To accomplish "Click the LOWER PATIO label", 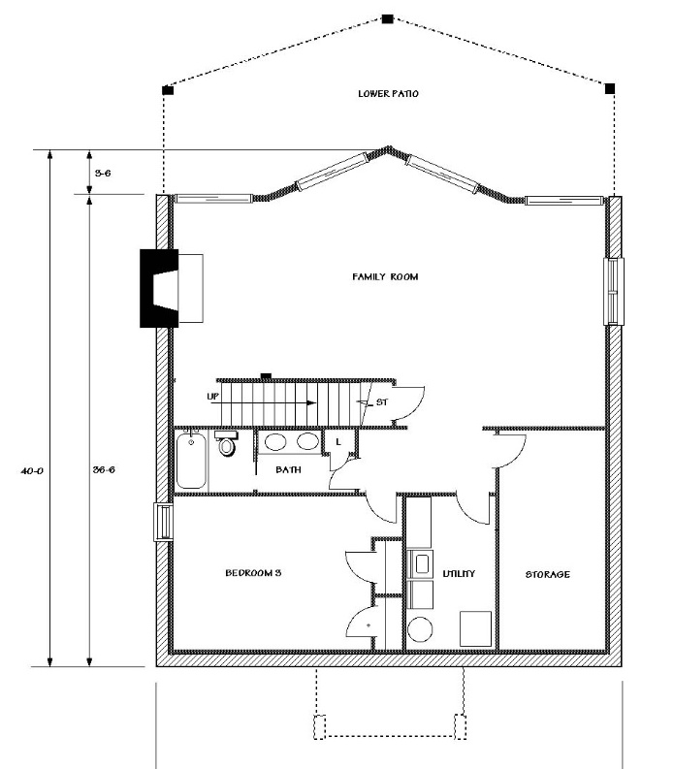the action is [388, 94].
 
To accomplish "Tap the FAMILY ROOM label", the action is [385, 276].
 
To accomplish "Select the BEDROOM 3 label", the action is [253, 572].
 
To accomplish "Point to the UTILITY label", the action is [459, 573].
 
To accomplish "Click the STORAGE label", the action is [547, 574].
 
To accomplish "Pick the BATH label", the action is [288, 469].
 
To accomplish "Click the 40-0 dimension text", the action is [32, 471].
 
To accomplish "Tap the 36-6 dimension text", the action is [104, 469].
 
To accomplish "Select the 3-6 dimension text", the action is [103, 174].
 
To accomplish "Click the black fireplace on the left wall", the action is [158, 288].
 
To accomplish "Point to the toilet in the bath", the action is [226, 443].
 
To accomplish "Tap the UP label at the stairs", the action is [213, 396].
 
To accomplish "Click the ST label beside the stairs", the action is [382, 402].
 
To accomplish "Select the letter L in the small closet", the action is [338, 442].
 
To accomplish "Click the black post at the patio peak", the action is [388, 19].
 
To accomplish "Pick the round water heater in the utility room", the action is [420, 629].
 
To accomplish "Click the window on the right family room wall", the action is [613, 291].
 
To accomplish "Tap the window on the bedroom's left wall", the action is [163, 523].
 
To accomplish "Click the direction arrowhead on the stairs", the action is [311, 403].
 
